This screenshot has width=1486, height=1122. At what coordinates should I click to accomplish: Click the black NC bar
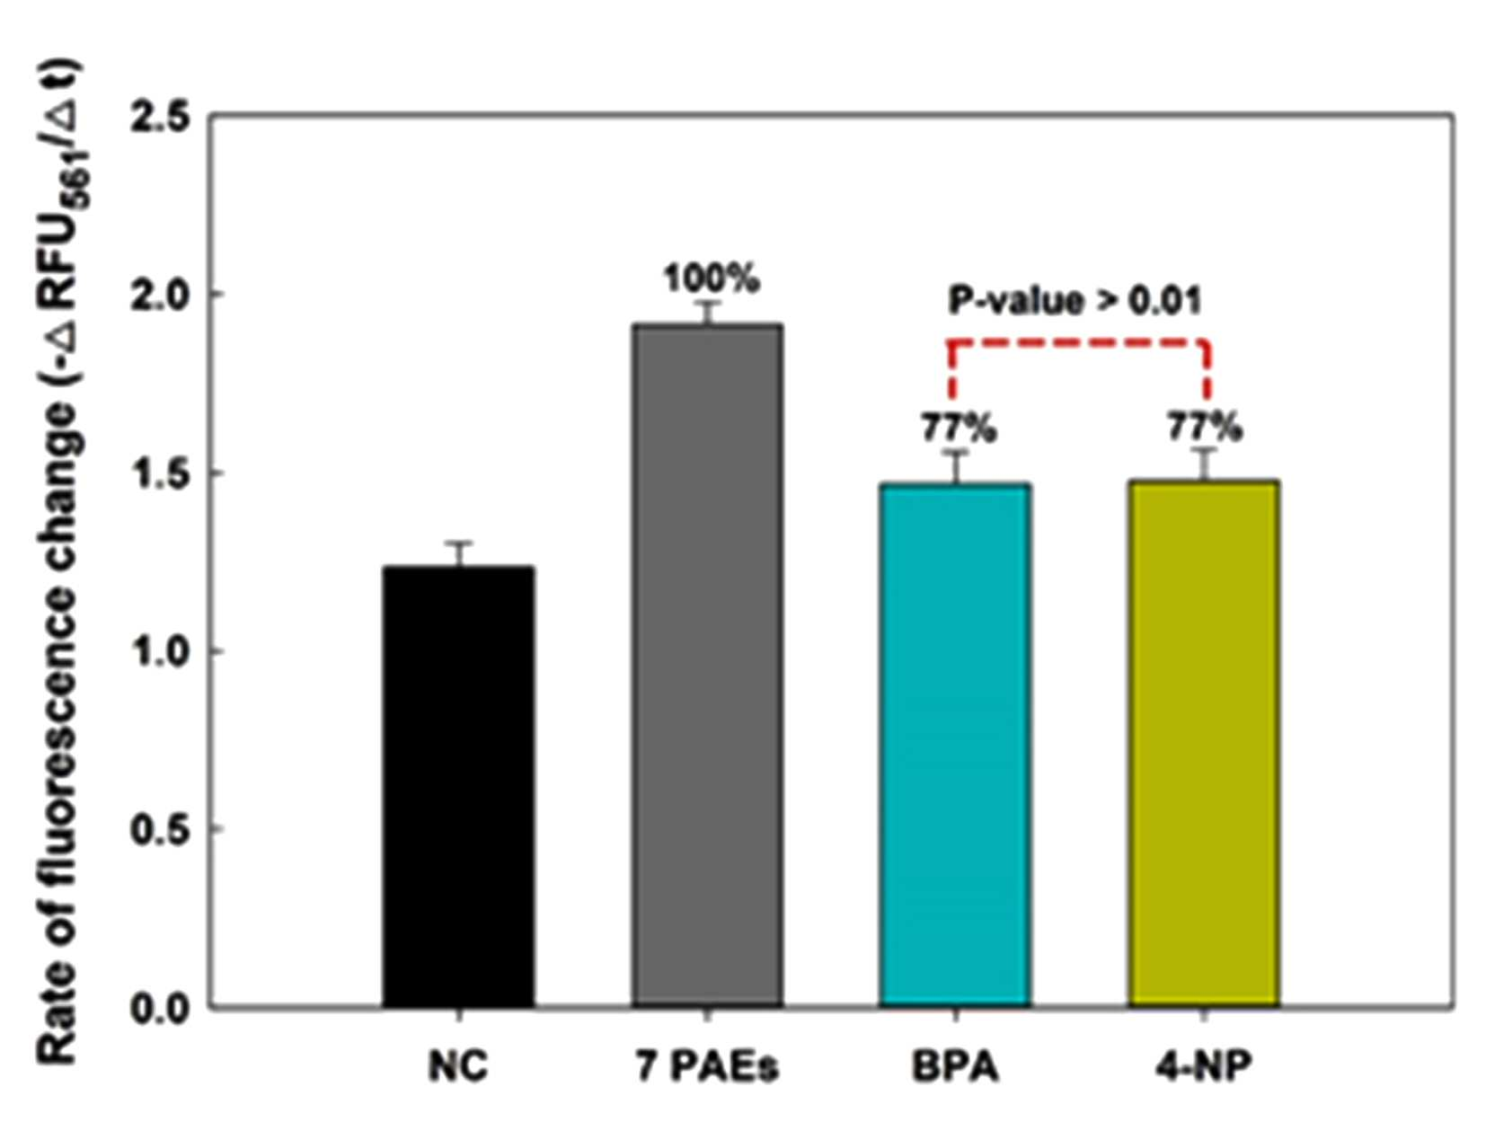coord(458,786)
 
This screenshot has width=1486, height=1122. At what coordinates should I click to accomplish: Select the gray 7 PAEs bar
coord(708,666)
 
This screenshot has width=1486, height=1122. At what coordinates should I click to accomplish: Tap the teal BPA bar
coord(955,746)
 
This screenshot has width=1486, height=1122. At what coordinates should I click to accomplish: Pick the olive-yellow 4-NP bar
coord(1203,744)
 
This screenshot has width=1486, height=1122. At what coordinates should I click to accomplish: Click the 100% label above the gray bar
coord(712,278)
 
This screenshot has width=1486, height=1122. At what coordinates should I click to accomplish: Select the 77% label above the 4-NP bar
coord(1205,427)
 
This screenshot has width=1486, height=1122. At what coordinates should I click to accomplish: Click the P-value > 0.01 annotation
coord(1075,301)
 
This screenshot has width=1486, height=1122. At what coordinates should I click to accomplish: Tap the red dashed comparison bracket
coord(1078,342)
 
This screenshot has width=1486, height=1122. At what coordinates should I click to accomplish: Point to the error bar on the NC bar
coord(459,554)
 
